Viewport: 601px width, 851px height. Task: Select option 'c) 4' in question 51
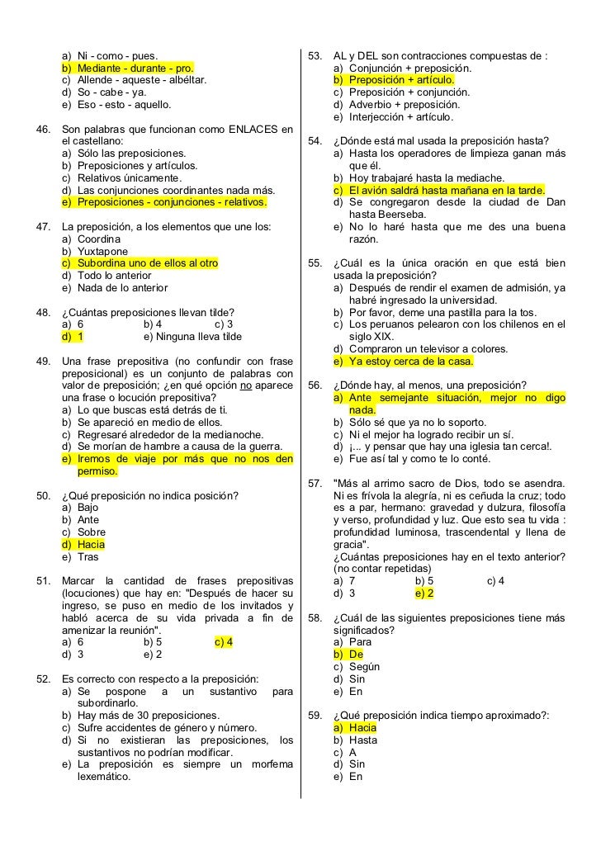223,641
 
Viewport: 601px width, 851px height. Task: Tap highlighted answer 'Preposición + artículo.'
401,80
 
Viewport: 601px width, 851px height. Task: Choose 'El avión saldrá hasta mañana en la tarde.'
447,190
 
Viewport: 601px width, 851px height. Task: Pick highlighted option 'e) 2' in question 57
424,593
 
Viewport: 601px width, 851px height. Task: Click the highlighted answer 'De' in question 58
356,655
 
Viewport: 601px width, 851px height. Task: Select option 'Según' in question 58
364,667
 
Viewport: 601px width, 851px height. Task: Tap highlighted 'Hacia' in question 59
362,728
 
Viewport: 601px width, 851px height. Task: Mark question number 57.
315,483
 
